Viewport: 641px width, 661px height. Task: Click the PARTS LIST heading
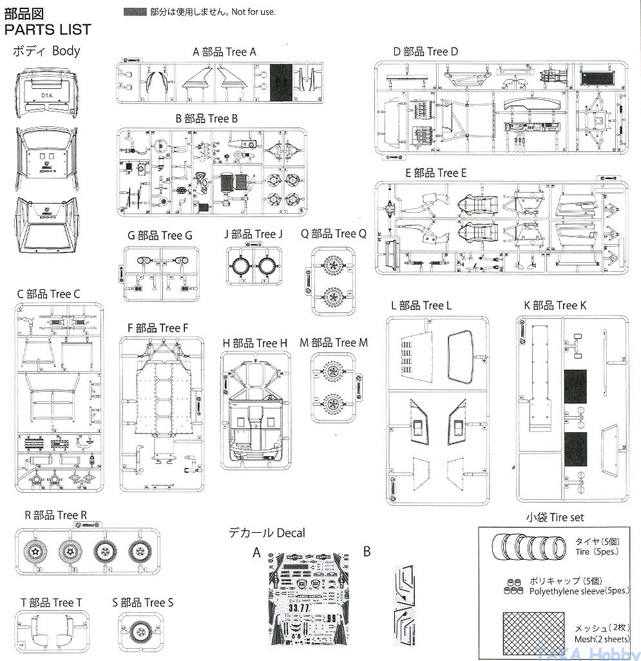click(47, 30)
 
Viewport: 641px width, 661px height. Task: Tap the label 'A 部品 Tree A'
click(224, 52)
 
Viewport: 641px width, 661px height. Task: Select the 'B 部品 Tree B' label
click(207, 119)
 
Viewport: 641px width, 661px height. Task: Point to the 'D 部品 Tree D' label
click(425, 52)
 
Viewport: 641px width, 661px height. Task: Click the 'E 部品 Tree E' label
click(436, 173)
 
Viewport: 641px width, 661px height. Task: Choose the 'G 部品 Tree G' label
click(160, 236)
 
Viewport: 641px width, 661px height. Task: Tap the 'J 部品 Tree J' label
click(253, 234)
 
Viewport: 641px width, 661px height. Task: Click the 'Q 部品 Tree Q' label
click(333, 234)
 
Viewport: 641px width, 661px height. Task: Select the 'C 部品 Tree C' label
click(49, 294)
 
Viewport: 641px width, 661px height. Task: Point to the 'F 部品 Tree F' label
click(158, 328)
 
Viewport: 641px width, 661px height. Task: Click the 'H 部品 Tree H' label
click(254, 343)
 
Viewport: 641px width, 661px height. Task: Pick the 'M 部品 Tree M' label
click(334, 343)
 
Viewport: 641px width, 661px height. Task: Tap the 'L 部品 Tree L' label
click(421, 305)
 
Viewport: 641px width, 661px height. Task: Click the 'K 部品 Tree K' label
click(555, 305)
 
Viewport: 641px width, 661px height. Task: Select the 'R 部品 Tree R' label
click(55, 515)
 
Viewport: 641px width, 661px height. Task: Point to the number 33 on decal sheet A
click(297, 608)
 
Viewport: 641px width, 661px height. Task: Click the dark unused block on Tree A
click(281, 84)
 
